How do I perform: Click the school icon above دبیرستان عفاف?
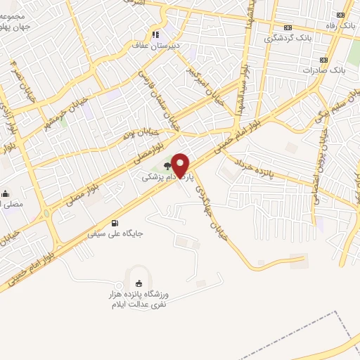coord(156,34)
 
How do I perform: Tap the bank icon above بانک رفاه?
coord(341,15)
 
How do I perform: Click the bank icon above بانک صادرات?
coord(324,59)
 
